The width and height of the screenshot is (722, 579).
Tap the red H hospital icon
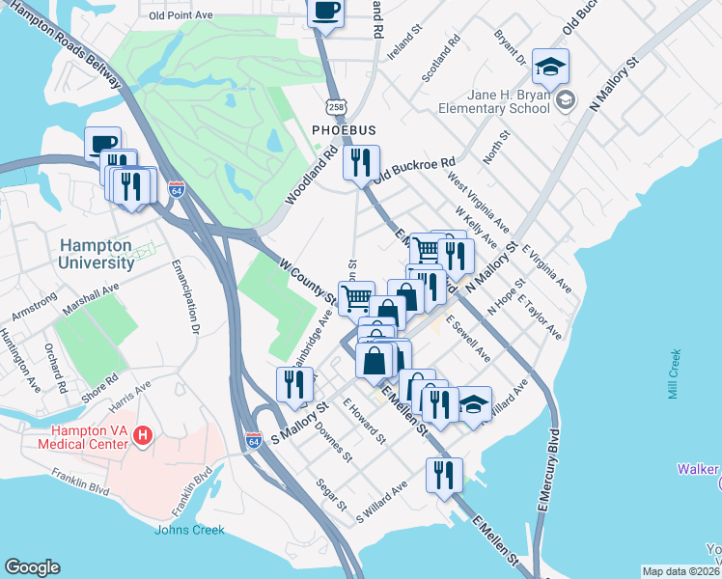coord(144,435)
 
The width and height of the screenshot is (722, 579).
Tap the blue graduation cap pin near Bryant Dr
coord(550,67)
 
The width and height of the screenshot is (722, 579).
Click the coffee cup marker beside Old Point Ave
coord(325,13)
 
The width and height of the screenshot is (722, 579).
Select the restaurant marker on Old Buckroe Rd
coord(362,162)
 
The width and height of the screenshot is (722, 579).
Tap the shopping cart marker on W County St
coord(356,298)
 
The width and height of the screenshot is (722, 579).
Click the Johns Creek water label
coord(189,530)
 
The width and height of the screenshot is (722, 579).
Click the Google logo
coord(32,567)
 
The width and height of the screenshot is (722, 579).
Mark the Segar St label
coord(331,494)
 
